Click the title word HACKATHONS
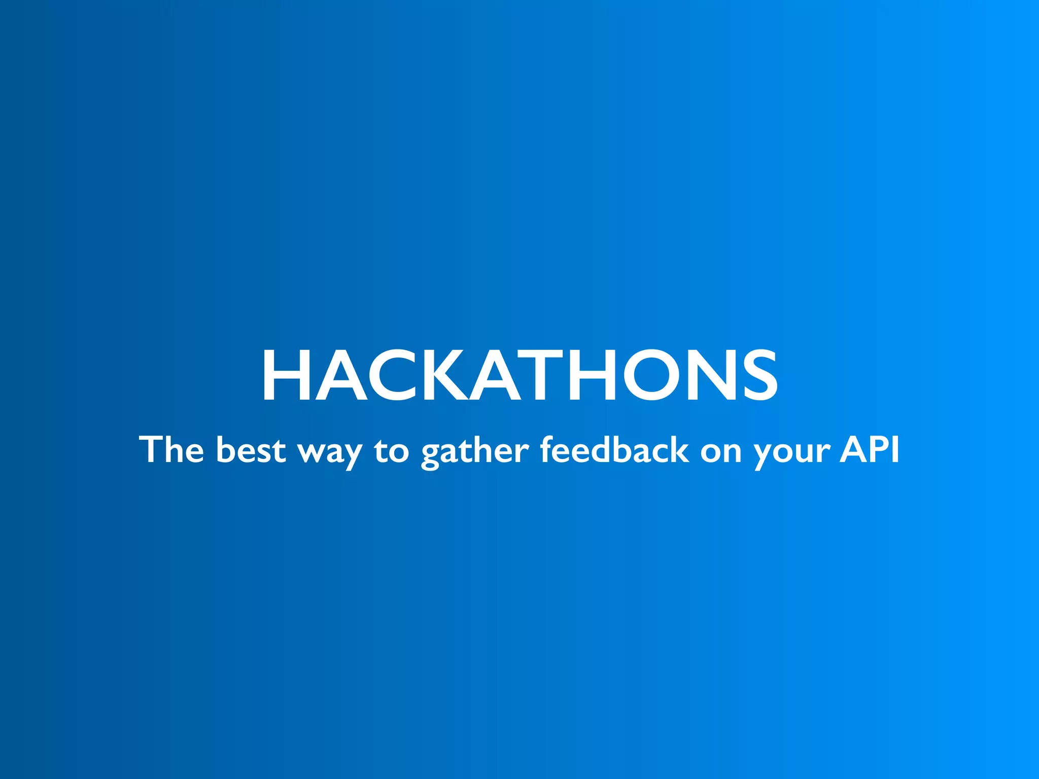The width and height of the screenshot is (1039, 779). [x=519, y=376]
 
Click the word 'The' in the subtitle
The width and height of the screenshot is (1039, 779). [x=171, y=449]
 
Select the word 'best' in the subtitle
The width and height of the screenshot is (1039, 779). [x=251, y=449]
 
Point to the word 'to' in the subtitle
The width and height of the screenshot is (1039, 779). [x=392, y=450]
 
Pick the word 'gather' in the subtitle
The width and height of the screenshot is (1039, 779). [x=475, y=451]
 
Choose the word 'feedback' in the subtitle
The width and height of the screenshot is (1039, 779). [x=614, y=449]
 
